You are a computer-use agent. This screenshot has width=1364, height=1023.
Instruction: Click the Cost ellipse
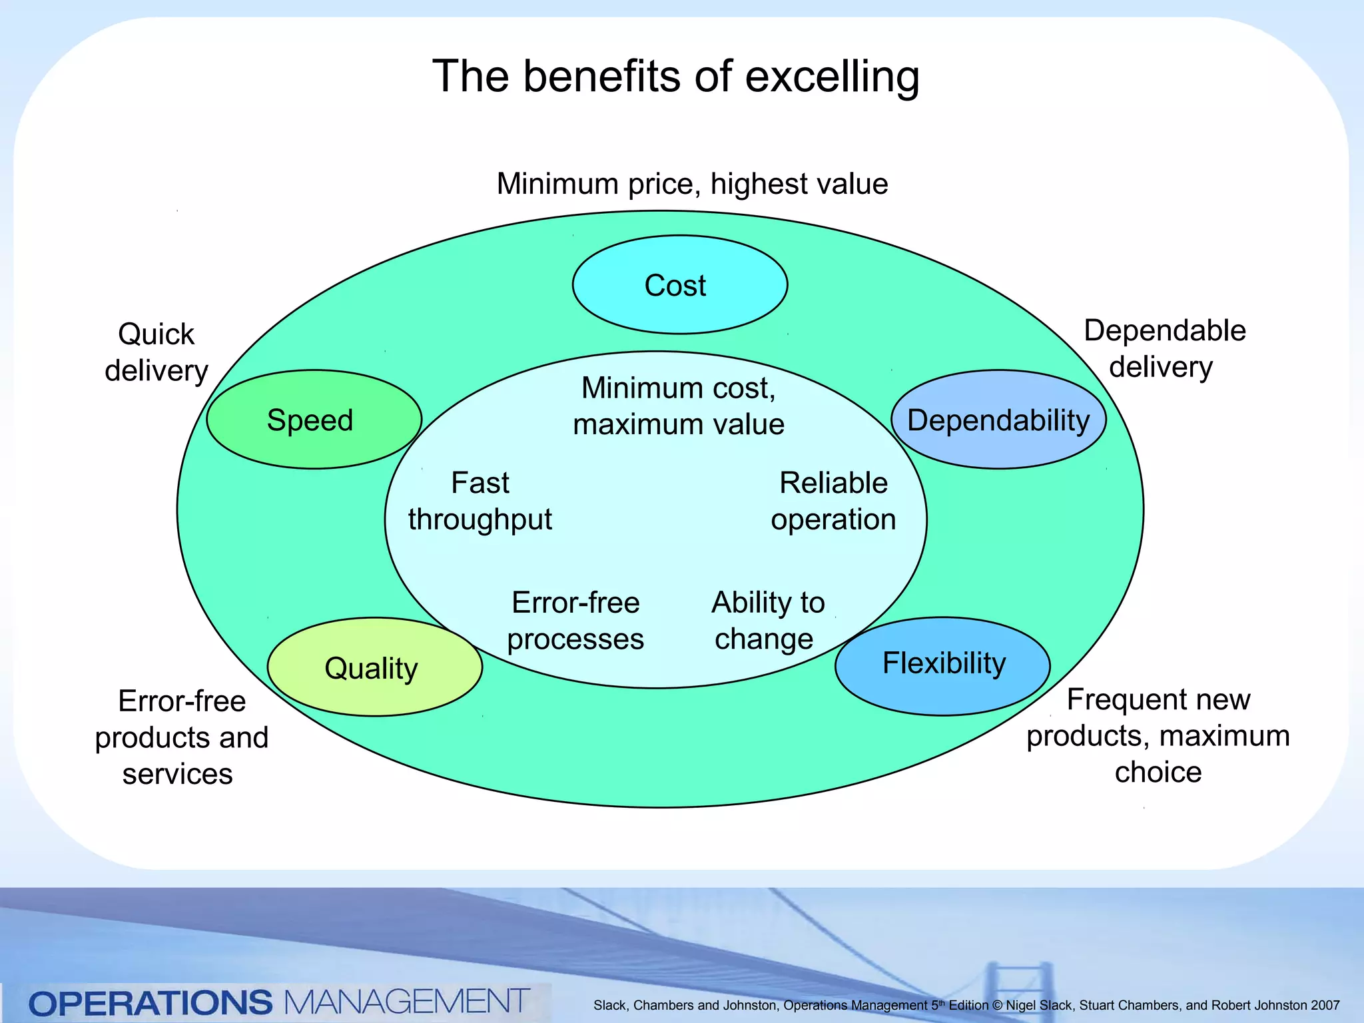pyautogui.click(x=679, y=284)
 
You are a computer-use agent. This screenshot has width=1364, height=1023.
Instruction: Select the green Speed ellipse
pyautogui.click(x=314, y=420)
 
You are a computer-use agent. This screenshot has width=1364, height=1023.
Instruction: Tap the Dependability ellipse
pyautogui.click(x=998, y=420)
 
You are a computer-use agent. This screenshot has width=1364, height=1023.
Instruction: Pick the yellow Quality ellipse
pyautogui.click(x=374, y=667)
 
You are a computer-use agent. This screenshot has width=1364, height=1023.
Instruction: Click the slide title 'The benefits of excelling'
pyautogui.click(x=675, y=77)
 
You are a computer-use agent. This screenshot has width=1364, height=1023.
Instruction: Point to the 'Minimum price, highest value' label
pyautogui.click(x=692, y=184)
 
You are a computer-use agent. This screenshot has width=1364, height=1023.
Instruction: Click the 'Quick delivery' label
pyautogui.click(x=157, y=352)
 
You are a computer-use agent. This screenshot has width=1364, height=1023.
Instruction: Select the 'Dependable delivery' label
pyautogui.click(x=1164, y=348)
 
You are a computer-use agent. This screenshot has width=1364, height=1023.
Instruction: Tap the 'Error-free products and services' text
pyautogui.click(x=181, y=737)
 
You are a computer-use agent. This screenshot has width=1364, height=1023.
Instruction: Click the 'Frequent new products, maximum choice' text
pyautogui.click(x=1158, y=735)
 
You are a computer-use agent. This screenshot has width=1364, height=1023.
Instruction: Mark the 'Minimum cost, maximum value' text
pyautogui.click(x=678, y=406)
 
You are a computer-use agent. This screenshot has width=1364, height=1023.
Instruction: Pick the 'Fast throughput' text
pyautogui.click(x=480, y=501)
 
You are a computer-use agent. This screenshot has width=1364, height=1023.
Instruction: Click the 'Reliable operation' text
pyautogui.click(x=833, y=501)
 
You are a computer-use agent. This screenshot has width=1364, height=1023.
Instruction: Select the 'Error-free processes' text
pyautogui.click(x=575, y=621)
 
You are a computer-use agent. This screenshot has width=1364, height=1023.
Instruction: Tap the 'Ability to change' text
pyautogui.click(x=767, y=621)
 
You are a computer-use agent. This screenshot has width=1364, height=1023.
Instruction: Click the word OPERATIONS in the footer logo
pyautogui.click(x=151, y=1002)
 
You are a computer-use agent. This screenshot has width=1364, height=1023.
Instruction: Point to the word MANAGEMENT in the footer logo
pyautogui.click(x=406, y=1002)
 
